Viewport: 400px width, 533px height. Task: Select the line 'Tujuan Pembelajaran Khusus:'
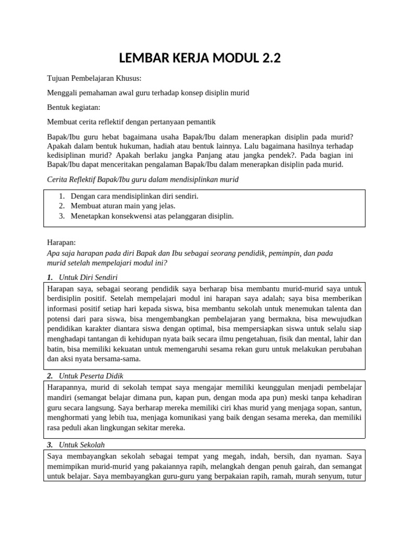[94, 79]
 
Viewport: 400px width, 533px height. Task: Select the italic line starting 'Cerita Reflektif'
[143, 179]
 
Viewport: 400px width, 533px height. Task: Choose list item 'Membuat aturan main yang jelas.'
[119, 206]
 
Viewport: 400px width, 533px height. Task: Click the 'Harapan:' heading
[61, 243]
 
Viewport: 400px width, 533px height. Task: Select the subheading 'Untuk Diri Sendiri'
[92, 277]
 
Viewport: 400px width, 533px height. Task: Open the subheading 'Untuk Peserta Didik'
[91, 376]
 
